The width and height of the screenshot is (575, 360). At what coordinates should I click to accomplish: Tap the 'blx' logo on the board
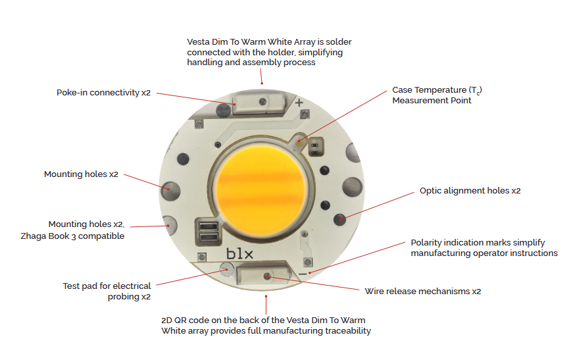pyautogui.click(x=239, y=253)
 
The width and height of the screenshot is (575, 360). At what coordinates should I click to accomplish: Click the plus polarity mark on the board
pyautogui.click(x=299, y=103)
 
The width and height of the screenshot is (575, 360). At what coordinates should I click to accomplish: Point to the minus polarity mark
pyautogui.click(x=303, y=274)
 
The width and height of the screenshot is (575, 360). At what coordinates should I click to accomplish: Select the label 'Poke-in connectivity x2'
pyautogui.click(x=103, y=93)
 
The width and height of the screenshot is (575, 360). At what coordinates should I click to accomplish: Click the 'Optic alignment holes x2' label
pyautogui.click(x=470, y=191)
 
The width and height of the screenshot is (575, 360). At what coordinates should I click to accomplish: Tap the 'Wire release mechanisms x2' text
pyautogui.click(x=423, y=292)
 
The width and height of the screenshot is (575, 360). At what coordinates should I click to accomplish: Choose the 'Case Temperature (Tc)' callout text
pyautogui.click(x=437, y=90)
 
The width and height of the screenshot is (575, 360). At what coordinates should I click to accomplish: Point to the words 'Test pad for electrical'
pyautogui.click(x=107, y=286)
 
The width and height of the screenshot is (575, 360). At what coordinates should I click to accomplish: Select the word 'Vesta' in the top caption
pyautogui.click(x=198, y=42)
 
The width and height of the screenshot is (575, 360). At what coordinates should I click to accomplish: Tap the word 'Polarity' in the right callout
pyautogui.click(x=427, y=243)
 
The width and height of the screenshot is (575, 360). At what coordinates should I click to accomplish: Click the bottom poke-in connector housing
pyautogui.click(x=264, y=275)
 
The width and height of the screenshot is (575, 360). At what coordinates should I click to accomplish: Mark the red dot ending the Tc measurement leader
pyautogui.click(x=299, y=141)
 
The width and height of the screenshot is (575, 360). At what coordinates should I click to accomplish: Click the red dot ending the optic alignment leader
pyautogui.click(x=340, y=219)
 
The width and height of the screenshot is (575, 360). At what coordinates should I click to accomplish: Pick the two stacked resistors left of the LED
pyautogui.click(x=209, y=232)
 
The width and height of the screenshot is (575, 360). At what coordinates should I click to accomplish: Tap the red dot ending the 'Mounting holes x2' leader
pyautogui.click(x=168, y=190)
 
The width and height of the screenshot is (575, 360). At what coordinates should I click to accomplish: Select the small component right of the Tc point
pyautogui.click(x=315, y=147)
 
